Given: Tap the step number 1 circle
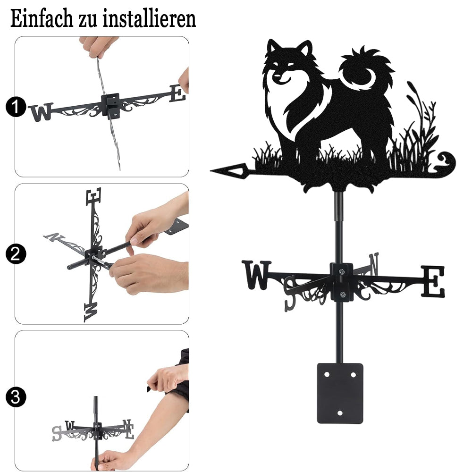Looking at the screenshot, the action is pyautogui.click(x=16, y=107).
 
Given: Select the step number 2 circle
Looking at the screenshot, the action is pyautogui.click(x=16, y=254).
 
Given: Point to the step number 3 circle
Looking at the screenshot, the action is pyautogui.click(x=16, y=397).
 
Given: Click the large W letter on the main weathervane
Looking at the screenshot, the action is pyautogui.click(x=257, y=275).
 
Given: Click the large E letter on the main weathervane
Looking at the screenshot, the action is pyautogui.click(x=432, y=281).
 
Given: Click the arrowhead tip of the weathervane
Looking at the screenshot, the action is pyautogui.click(x=211, y=171).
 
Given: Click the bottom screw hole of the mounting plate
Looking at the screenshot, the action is pyautogui.click(x=340, y=413).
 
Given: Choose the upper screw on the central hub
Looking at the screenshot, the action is pyautogui.click(x=341, y=272).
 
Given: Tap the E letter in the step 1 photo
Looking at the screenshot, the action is pyautogui.click(x=177, y=93).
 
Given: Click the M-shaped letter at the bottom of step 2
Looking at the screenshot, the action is pyautogui.click(x=91, y=312).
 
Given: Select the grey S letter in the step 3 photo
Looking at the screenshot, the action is pyautogui.click(x=57, y=433).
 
